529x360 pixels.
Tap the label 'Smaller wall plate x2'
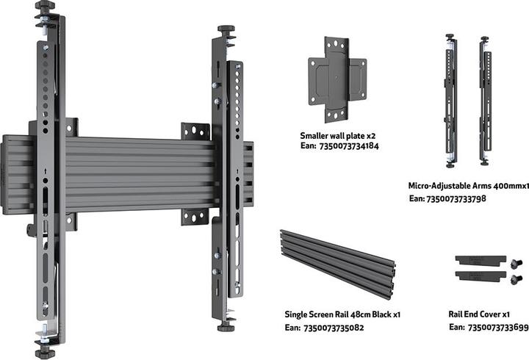point(337,136)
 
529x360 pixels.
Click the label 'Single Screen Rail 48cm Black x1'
point(342,314)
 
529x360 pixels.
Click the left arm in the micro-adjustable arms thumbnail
point(450,100)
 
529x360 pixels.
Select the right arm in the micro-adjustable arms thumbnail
point(484,100)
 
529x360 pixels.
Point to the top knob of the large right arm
point(225,31)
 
